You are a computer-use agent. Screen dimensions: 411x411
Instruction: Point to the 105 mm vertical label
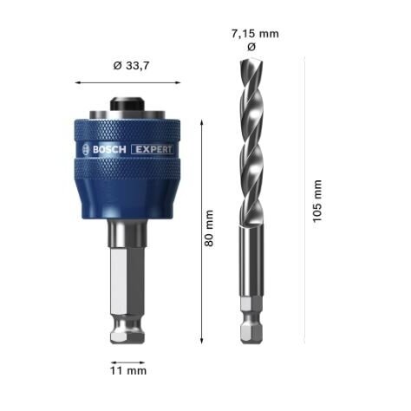(317, 200)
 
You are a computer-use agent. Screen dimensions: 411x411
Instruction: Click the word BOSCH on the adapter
(108, 149)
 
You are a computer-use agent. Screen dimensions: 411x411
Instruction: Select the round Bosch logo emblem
(84, 149)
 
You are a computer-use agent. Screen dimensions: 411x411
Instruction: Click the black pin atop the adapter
(127, 102)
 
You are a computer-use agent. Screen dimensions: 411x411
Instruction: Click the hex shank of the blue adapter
(127, 290)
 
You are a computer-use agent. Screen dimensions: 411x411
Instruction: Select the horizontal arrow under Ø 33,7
(127, 82)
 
